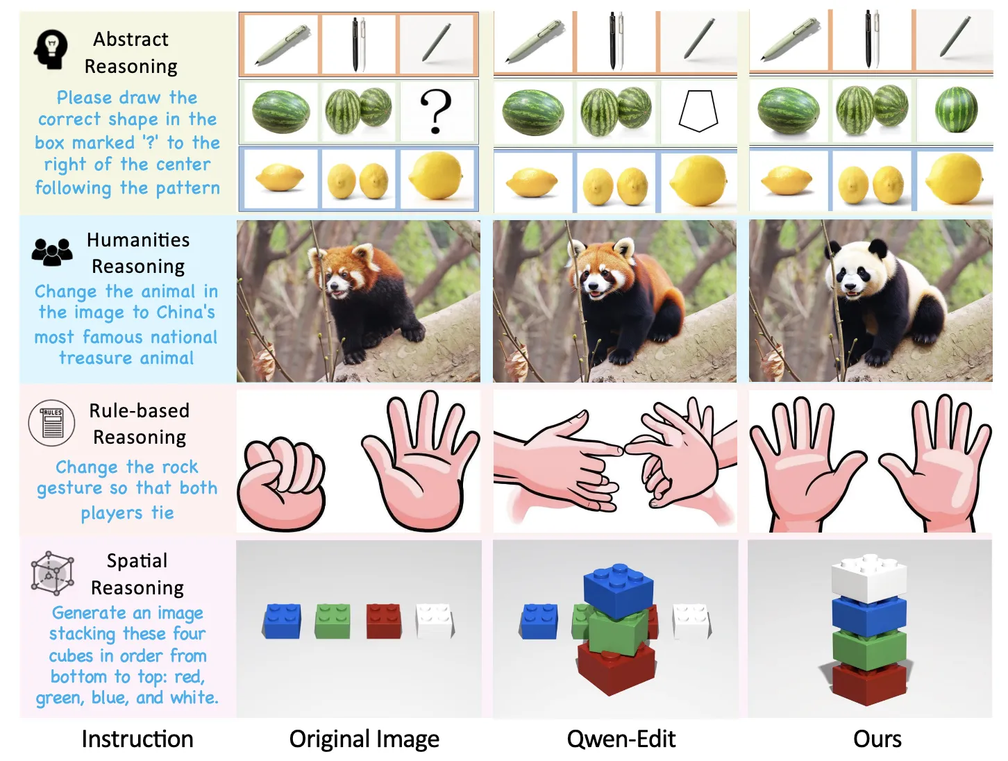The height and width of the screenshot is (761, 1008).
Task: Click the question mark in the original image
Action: pyautogui.click(x=435, y=110)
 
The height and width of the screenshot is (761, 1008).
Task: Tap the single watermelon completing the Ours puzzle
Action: pyautogui.click(x=956, y=110)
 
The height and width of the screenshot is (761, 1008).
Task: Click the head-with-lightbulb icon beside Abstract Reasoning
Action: pyautogui.click(x=51, y=49)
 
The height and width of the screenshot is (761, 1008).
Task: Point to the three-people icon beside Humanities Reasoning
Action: pyautogui.click(x=52, y=251)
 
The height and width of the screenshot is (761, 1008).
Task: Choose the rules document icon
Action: pyautogui.click(x=51, y=422)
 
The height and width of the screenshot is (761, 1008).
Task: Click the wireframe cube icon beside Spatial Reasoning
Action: pyautogui.click(x=52, y=573)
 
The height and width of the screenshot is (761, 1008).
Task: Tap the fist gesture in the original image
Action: pyautogui.click(x=281, y=484)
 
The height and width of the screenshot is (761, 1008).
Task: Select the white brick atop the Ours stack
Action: pyautogui.click(x=868, y=578)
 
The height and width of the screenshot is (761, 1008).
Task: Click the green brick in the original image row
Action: pyautogui.click(x=333, y=621)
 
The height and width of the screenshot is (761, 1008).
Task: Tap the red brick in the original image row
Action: pyautogui.click(x=383, y=621)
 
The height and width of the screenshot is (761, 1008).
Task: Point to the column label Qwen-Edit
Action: pyautogui.click(x=621, y=739)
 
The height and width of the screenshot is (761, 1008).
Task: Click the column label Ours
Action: pyautogui.click(x=877, y=739)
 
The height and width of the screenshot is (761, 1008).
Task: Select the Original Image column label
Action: pyautogui.click(x=364, y=739)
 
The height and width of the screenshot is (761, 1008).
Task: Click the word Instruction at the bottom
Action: pyautogui.click(x=137, y=739)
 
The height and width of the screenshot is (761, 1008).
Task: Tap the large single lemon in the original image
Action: pyautogui.click(x=436, y=176)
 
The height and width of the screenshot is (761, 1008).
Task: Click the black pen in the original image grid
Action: pyautogui.click(x=355, y=44)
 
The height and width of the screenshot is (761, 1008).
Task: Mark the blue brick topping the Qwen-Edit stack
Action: pyautogui.click(x=618, y=591)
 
